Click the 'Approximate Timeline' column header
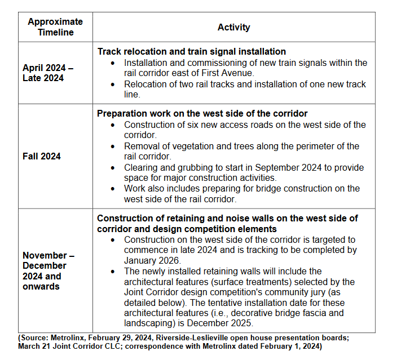(55, 27)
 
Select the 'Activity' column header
(233, 27)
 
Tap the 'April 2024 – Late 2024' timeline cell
(48, 73)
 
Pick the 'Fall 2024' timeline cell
(42, 156)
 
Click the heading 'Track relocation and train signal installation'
(191, 52)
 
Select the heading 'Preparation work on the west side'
(202, 114)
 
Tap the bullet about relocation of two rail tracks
(245, 89)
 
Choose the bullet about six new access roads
(245, 130)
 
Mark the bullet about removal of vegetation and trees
(241, 152)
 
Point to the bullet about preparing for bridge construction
(241, 193)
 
